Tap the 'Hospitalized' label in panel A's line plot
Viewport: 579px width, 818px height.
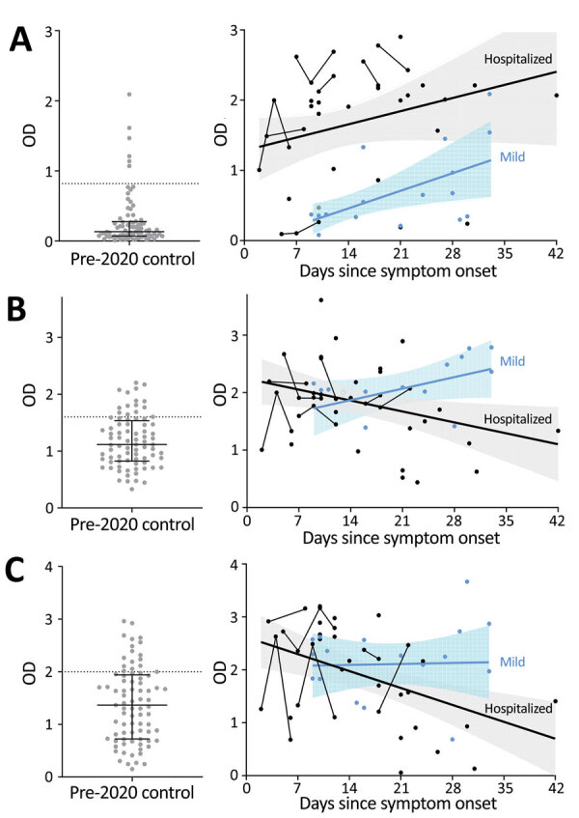pyautogui.click(x=520, y=58)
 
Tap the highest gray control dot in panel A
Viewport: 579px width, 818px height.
pyautogui.click(x=128, y=95)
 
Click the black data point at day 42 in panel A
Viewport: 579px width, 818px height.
pyautogui.click(x=557, y=95)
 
